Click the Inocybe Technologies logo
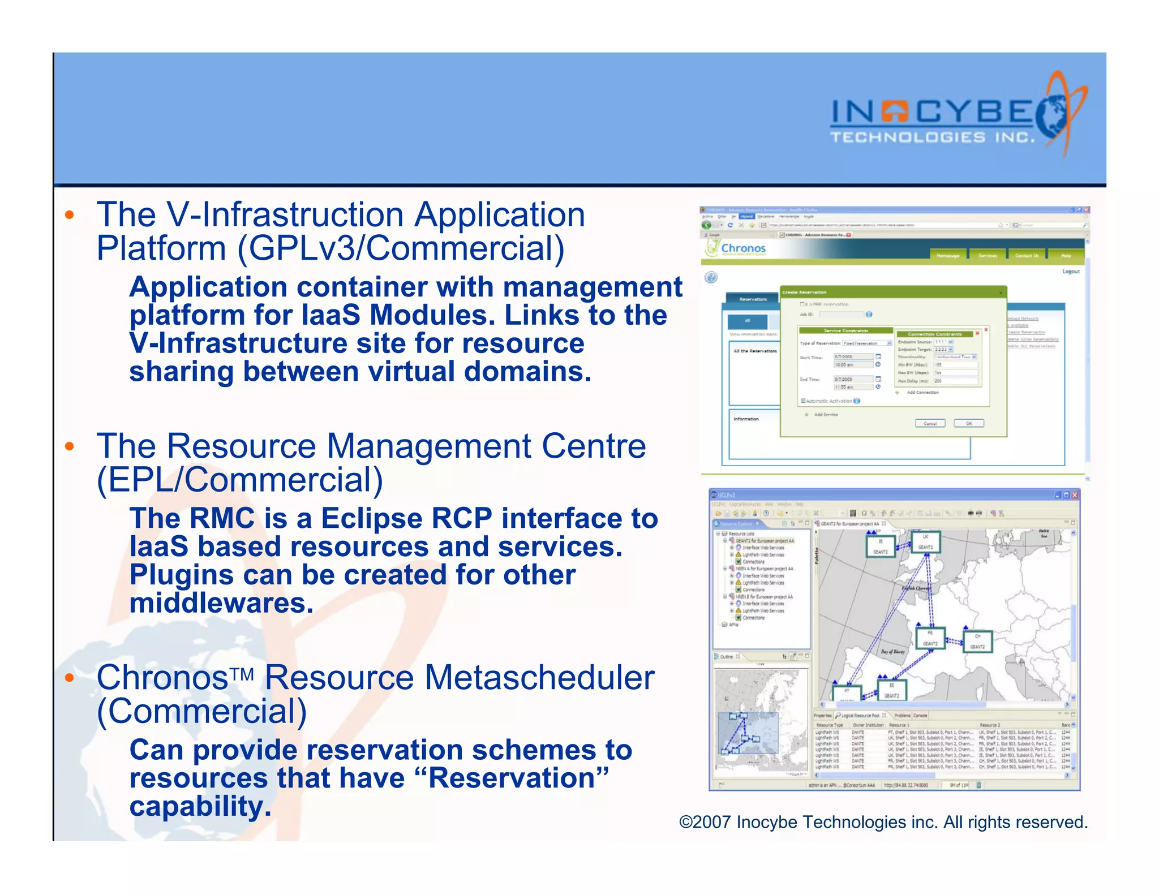(956, 116)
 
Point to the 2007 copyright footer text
(883, 822)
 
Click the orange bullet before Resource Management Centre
(70, 446)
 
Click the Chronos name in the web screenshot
(742, 248)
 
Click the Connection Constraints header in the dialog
(934, 334)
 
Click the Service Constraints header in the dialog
(845, 330)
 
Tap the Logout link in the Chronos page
(1071, 272)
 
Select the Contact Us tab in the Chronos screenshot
(1026, 256)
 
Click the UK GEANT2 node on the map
(926, 542)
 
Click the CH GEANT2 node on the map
(977, 642)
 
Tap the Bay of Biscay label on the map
(892, 652)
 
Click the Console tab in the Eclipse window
(920, 716)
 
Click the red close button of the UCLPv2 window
(1075, 495)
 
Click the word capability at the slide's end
(200, 807)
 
